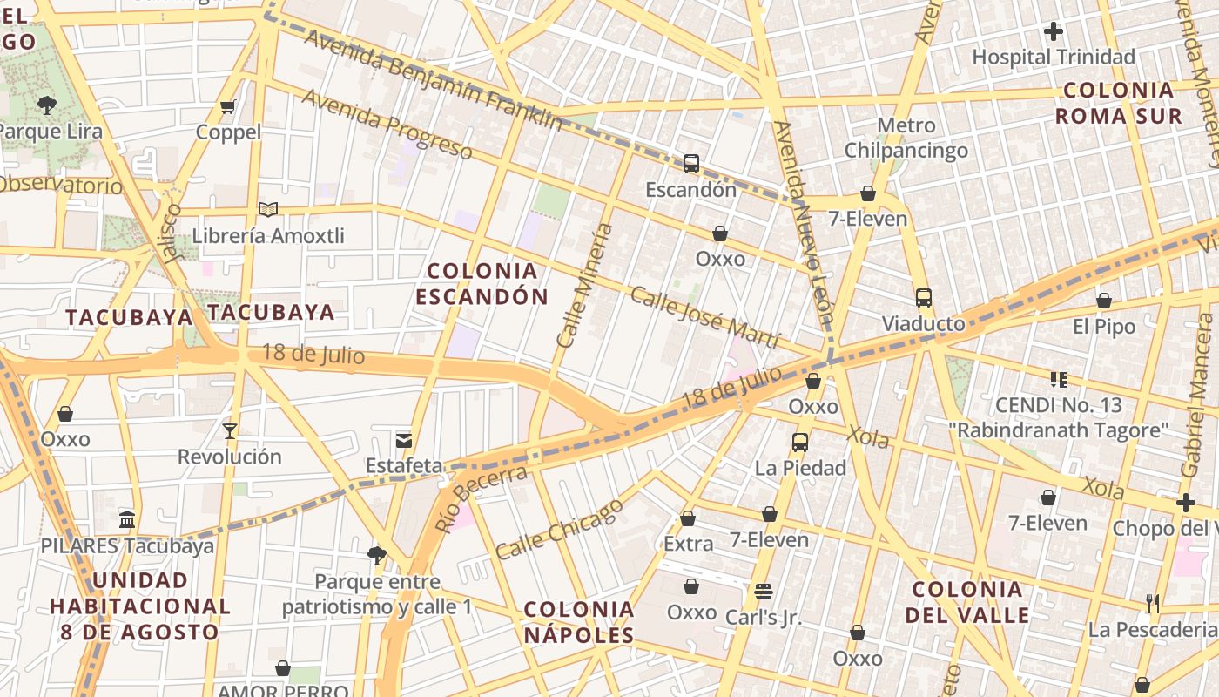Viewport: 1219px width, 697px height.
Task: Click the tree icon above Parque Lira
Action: tap(47, 105)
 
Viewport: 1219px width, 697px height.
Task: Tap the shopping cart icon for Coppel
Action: tap(228, 107)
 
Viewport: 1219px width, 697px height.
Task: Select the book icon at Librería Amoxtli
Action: tap(268, 210)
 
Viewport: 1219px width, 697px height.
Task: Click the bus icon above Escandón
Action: tap(691, 163)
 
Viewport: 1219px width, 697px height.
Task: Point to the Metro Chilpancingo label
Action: tap(906, 138)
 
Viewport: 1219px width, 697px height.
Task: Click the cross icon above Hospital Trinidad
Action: tap(1054, 32)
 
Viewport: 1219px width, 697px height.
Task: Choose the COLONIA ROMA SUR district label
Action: tap(1119, 104)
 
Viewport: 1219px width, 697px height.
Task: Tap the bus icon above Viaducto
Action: tap(924, 298)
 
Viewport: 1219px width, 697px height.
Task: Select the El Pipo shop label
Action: tap(1104, 327)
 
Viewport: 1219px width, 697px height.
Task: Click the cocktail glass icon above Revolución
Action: tap(230, 430)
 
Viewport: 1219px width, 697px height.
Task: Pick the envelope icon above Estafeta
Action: tap(404, 439)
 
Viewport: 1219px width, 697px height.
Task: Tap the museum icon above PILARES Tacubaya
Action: tap(127, 520)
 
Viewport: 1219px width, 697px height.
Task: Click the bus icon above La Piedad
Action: tap(800, 443)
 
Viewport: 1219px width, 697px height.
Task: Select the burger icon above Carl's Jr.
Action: tap(764, 592)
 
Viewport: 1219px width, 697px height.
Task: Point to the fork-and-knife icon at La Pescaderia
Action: tap(1153, 603)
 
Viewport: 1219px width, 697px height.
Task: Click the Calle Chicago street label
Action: tap(559, 529)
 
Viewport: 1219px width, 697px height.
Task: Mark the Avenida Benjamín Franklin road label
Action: tap(433, 80)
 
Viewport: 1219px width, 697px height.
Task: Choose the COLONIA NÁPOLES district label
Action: tap(579, 622)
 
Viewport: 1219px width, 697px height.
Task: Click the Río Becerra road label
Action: tap(481, 499)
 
